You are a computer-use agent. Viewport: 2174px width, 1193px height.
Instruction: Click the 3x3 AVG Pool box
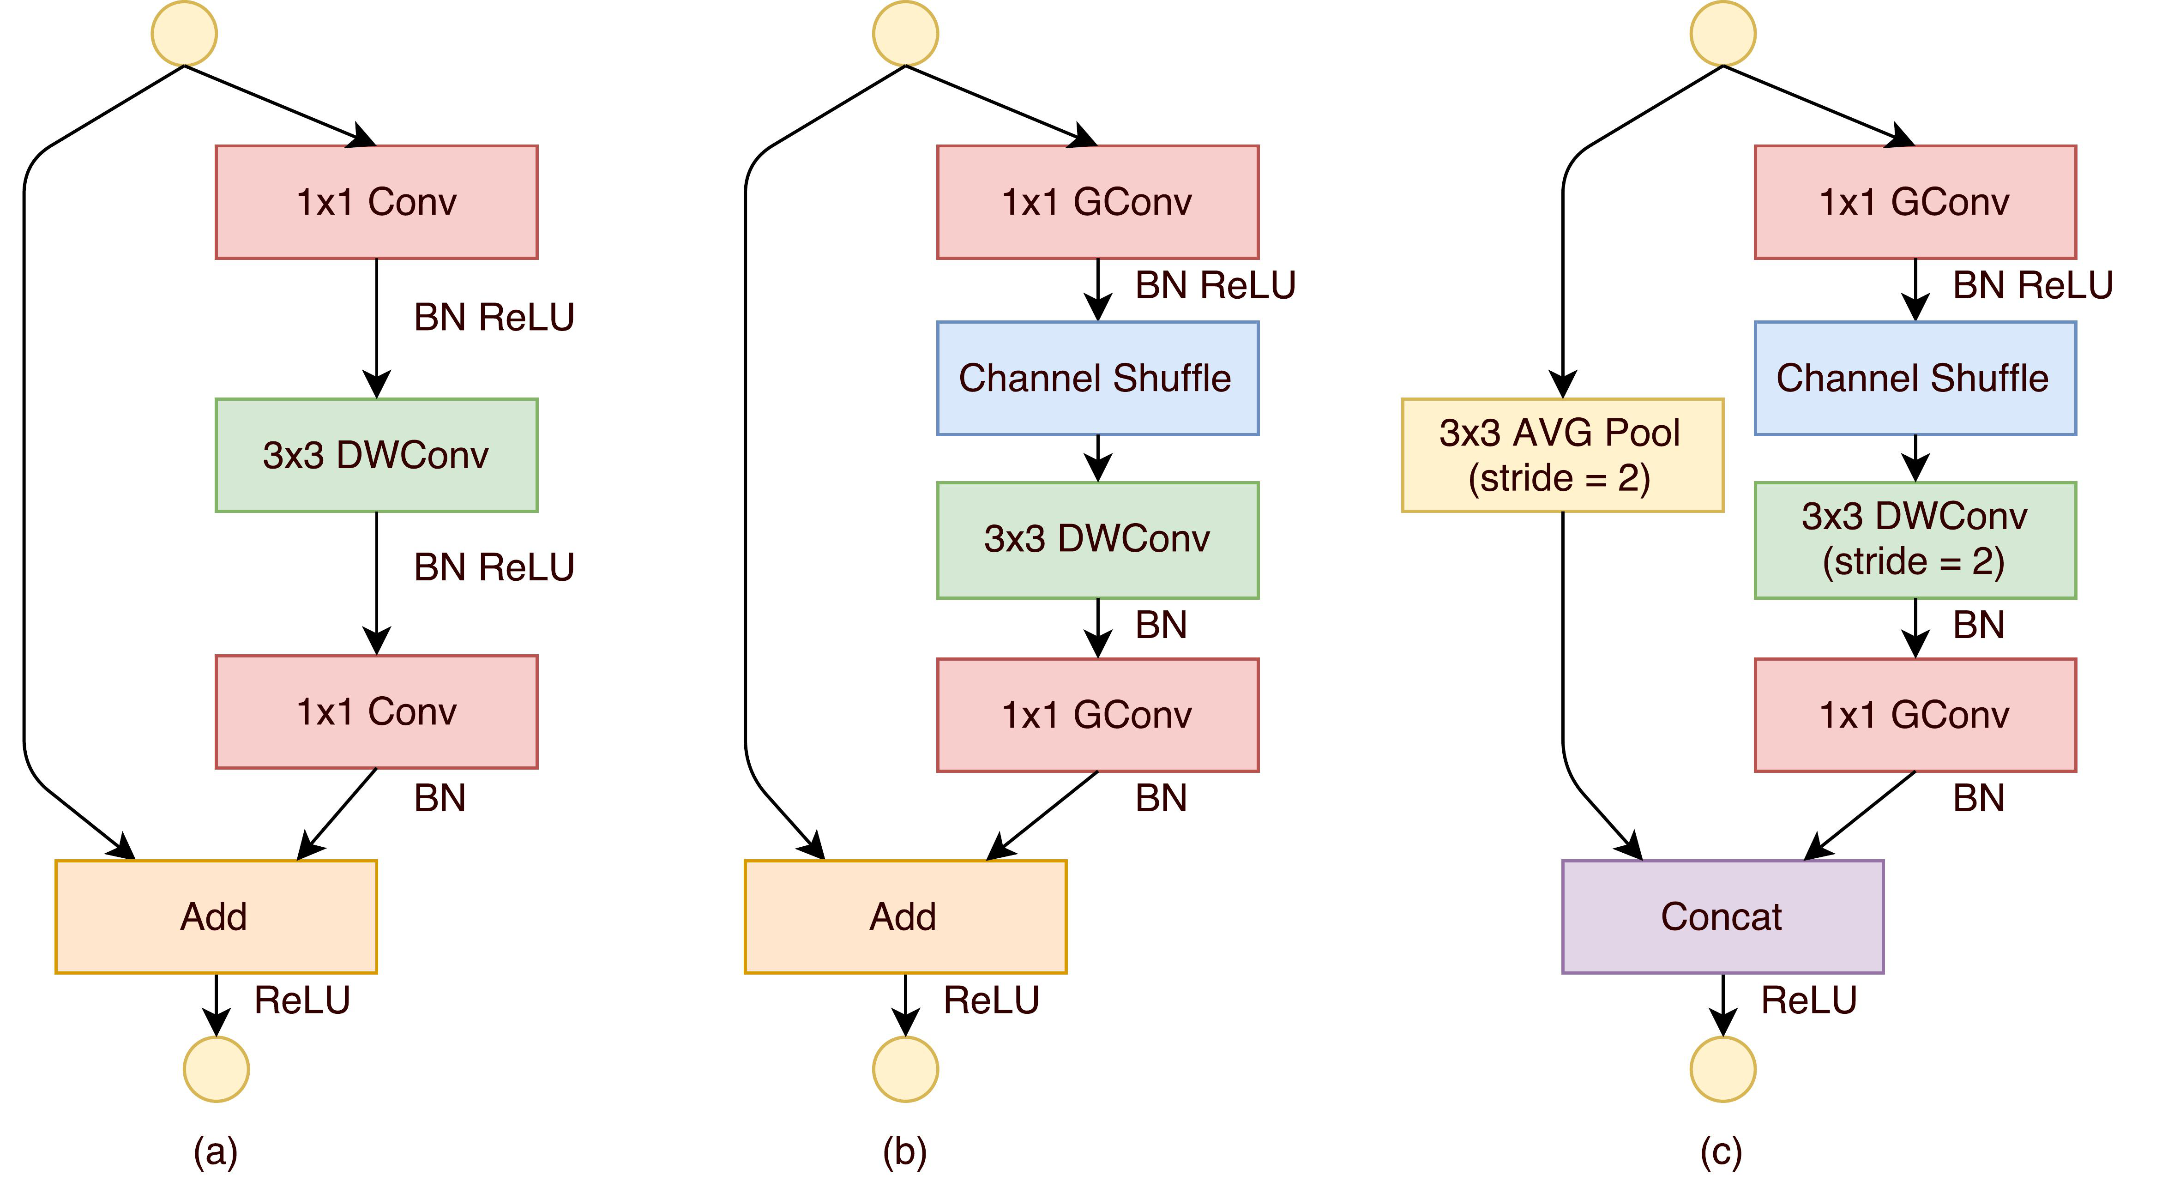[x=1562, y=455]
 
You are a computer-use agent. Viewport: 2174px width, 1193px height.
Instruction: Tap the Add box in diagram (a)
[x=215, y=916]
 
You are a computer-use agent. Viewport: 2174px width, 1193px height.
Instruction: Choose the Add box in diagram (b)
[x=905, y=916]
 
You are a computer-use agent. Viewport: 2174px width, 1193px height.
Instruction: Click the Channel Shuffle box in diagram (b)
[x=1097, y=378]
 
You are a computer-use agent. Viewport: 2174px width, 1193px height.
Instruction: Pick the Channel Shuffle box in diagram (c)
[x=1915, y=378]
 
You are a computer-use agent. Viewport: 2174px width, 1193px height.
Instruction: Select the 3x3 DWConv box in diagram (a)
[x=376, y=455]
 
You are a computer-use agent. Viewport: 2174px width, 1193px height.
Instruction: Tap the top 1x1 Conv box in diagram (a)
[x=376, y=202]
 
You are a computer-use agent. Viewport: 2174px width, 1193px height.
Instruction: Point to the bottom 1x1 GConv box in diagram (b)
[x=1097, y=715]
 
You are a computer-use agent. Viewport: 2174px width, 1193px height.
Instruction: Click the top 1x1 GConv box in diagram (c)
[x=1915, y=202]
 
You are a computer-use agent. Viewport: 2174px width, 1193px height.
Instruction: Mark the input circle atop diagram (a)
[x=184, y=34]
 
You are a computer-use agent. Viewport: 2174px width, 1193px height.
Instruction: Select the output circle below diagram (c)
[x=1722, y=1069]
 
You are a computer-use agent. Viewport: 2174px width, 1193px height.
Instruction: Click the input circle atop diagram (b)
[x=905, y=34]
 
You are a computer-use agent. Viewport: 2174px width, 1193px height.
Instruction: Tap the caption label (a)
[x=215, y=1151]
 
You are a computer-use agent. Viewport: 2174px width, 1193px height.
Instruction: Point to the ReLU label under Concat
[x=1808, y=1000]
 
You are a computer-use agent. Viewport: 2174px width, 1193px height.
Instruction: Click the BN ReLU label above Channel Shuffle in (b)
[x=1215, y=285]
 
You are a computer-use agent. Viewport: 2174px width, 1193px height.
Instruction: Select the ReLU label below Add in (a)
[x=302, y=1000]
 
